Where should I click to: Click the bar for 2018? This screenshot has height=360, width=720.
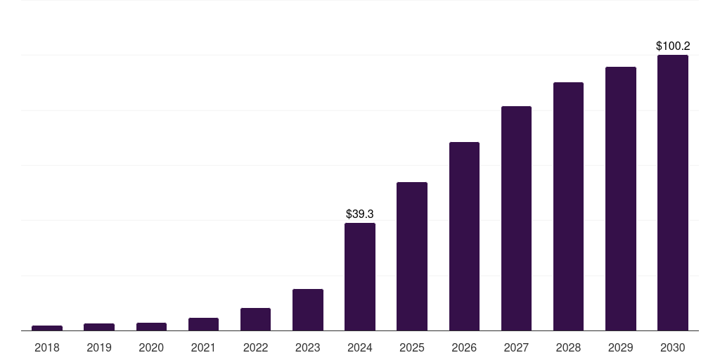pos(47,328)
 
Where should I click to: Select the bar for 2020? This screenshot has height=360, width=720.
pos(151,326)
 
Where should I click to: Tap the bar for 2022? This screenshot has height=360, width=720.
pos(255,319)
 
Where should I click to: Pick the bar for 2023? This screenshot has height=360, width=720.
pos(308,309)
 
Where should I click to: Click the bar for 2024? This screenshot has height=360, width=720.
pos(360,276)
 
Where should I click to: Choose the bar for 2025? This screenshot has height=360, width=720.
pos(412,256)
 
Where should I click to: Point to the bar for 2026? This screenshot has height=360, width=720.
pos(464,236)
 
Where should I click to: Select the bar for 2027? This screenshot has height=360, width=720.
pos(516,218)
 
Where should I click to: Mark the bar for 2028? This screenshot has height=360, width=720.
pos(568,206)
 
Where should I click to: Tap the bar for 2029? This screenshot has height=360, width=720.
pos(621,198)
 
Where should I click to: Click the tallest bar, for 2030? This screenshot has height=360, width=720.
pos(673,193)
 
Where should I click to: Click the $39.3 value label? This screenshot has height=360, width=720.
pos(360,214)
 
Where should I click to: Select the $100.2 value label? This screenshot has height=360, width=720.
pos(673,46)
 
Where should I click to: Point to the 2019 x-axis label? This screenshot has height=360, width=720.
pos(99,347)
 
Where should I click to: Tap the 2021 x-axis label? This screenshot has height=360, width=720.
pos(203,347)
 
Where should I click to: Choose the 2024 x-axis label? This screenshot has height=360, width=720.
pos(360,347)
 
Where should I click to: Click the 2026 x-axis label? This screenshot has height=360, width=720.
pos(464,347)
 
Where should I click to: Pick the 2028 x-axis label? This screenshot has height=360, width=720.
pos(568,347)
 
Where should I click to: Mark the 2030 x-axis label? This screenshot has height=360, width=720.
pos(673,347)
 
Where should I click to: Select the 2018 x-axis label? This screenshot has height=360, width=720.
pos(47,347)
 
